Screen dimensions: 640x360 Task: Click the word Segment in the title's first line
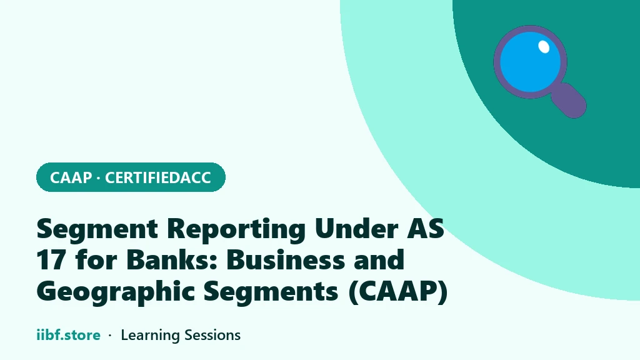[x=97, y=229]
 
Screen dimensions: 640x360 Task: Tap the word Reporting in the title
[x=236, y=229]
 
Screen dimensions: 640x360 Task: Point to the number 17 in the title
[x=51, y=259]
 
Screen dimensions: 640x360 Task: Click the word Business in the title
[x=285, y=259]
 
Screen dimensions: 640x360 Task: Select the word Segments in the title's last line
[x=271, y=291]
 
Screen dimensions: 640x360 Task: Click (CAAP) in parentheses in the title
[x=398, y=291]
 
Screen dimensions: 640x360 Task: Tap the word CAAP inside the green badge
[x=71, y=177]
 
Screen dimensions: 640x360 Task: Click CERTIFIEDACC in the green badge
[x=158, y=177]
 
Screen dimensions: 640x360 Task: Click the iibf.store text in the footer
[x=69, y=335]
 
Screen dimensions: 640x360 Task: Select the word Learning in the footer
[x=150, y=336]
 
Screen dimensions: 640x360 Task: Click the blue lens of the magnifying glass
[x=529, y=63]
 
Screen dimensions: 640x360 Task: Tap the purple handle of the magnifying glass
[x=569, y=101]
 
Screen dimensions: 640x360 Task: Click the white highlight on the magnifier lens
[x=544, y=46]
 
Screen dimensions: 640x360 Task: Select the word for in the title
[x=96, y=259]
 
